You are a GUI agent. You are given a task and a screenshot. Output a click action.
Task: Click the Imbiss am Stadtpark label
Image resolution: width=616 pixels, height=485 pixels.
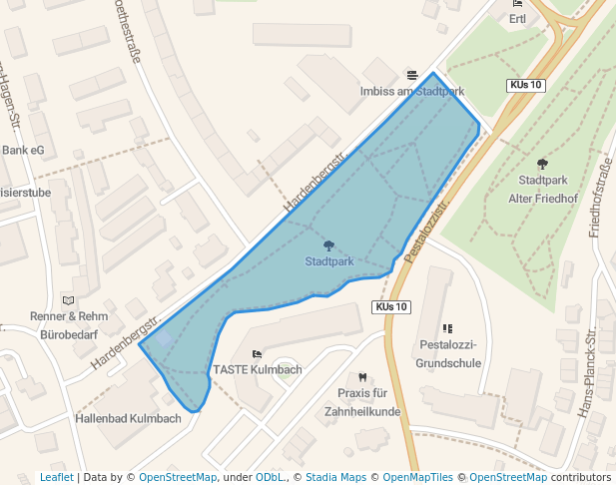point(411,91)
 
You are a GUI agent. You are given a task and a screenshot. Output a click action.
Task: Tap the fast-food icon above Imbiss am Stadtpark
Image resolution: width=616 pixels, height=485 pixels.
point(412,76)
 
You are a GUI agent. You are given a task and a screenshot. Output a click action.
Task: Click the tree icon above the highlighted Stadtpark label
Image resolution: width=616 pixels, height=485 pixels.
point(329,245)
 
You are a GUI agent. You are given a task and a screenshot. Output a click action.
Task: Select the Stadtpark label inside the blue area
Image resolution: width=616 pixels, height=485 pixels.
point(329,261)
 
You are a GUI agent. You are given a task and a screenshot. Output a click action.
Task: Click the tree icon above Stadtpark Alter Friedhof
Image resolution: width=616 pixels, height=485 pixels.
point(542,164)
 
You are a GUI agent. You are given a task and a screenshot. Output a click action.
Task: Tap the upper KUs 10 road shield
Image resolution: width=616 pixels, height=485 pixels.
point(525,86)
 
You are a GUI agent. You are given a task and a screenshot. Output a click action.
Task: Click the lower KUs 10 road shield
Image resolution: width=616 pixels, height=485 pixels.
point(392,306)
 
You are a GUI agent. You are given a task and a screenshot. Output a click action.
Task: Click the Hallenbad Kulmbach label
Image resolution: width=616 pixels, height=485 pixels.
point(128,418)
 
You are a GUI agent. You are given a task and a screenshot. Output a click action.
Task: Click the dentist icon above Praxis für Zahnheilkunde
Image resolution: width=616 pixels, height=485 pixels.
point(363,377)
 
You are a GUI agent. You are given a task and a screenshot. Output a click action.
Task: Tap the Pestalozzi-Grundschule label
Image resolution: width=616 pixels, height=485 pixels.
point(446,353)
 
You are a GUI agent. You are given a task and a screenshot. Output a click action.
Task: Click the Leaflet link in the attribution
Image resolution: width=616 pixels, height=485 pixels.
point(56,478)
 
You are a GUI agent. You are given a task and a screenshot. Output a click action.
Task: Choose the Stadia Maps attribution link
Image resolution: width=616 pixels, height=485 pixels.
point(335,478)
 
